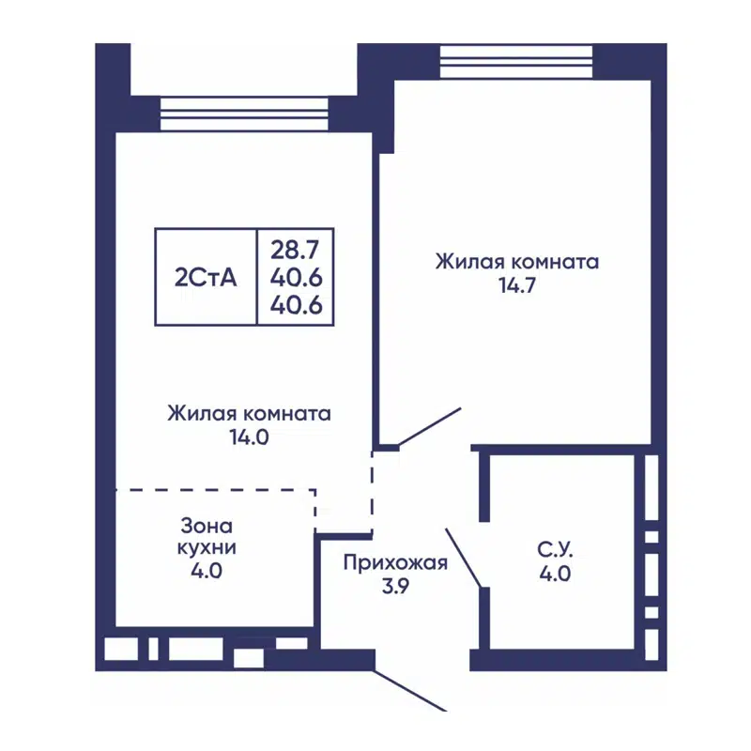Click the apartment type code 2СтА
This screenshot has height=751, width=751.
pos(205,277)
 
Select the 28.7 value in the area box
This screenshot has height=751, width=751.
pos(296,250)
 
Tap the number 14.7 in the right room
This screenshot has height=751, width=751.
pos(516,286)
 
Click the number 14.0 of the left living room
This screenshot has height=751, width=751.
pos(249,437)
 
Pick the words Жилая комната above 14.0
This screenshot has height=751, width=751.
pos(249,413)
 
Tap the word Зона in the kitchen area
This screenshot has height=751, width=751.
pos(202,526)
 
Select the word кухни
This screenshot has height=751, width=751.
pos(202,547)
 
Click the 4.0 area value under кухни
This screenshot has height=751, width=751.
pos(202,570)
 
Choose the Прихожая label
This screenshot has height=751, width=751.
pos(394,563)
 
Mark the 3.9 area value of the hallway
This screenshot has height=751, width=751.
pos(394,586)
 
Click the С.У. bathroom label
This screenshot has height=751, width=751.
pos(554,549)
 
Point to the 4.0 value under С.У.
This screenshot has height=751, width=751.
pos(554,574)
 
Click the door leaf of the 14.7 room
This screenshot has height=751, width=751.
pos(430,426)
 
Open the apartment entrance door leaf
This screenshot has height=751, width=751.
pos(410,691)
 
